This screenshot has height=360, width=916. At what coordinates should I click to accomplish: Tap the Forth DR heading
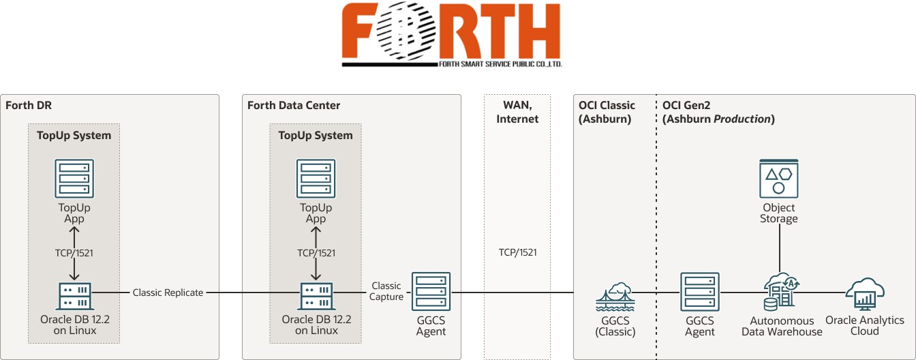pyautogui.click(x=29, y=106)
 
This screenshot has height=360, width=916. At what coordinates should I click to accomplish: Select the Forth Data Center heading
pyautogui.click(x=294, y=106)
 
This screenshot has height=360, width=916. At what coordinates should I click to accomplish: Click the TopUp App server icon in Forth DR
pyautogui.click(x=74, y=179)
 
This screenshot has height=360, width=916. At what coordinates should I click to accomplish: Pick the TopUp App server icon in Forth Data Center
pyautogui.click(x=316, y=179)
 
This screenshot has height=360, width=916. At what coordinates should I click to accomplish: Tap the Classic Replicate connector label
pyautogui.click(x=168, y=292)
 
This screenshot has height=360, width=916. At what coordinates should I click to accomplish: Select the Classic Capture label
pyautogui.click(x=386, y=291)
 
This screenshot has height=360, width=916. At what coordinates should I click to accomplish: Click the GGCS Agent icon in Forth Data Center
pyautogui.click(x=431, y=292)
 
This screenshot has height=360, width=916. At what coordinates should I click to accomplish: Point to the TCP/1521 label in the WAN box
pyautogui.click(x=517, y=252)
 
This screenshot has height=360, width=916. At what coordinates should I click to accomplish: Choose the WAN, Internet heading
pyautogui.click(x=517, y=112)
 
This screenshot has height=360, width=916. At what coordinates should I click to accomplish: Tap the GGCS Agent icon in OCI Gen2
pyautogui.click(x=699, y=292)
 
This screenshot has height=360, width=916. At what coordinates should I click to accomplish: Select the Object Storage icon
pyautogui.click(x=778, y=179)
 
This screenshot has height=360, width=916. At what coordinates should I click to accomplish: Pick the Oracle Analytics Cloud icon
pyautogui.click(x=864, y=292)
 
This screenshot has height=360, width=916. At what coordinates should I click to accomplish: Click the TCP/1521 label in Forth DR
pyautogui.click(x=74, y=252)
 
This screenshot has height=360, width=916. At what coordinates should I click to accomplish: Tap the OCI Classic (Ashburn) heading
pyautogui.click(x=607, y=112)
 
